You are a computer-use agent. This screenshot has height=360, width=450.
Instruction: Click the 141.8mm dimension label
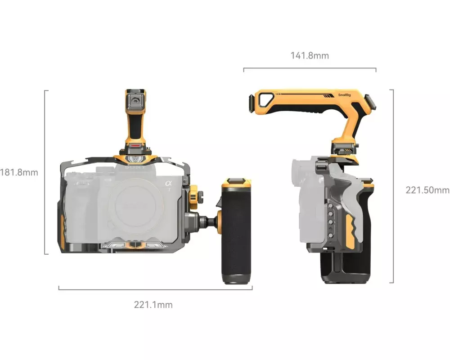pos(310,55)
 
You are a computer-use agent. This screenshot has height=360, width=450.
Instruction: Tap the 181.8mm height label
pos(19,172)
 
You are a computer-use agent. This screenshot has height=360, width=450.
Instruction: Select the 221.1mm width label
pos(153,305)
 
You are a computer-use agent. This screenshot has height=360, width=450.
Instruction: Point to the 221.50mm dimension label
pos(427,190)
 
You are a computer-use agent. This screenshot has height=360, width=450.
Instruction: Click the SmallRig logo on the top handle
pos(344,95)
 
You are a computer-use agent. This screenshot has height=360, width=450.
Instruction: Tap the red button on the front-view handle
pos(135,145)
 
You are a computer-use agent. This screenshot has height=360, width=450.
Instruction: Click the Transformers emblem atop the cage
pos(135,159)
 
